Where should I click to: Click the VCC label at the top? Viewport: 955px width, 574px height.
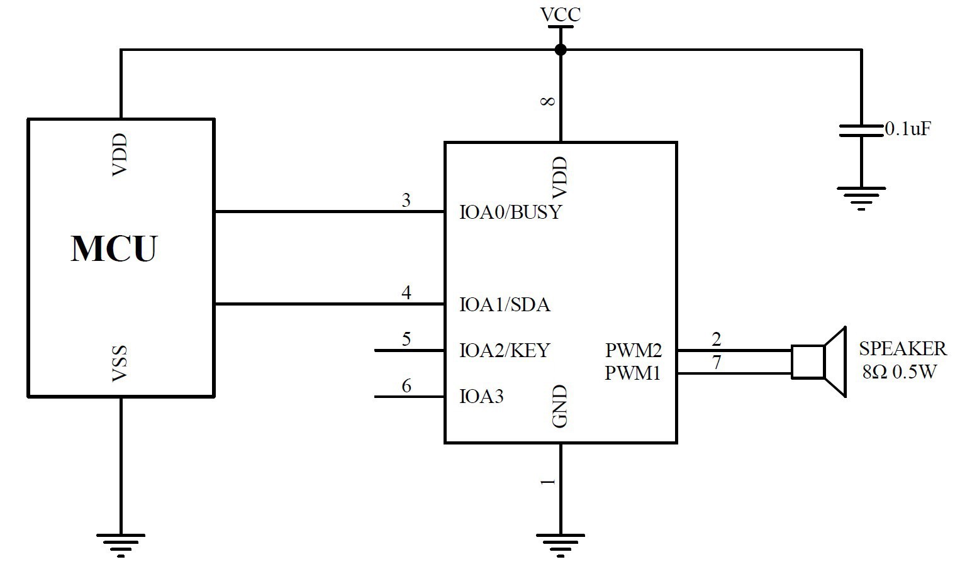561,14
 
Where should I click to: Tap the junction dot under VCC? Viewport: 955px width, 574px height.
561,50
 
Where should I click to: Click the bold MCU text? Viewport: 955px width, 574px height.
114,248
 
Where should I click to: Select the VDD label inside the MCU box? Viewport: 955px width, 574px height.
120,155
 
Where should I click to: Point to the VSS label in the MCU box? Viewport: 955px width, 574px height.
120,363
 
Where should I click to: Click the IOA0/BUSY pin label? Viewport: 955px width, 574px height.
510,212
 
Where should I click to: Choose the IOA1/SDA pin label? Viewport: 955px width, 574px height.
505,305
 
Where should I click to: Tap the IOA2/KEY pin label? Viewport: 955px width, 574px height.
505,350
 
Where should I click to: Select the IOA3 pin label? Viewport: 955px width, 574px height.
481,397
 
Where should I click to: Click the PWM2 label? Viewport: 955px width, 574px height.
633,350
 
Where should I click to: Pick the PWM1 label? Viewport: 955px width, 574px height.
633,373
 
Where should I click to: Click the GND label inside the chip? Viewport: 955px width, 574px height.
560,406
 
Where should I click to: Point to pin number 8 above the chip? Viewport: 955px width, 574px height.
548,101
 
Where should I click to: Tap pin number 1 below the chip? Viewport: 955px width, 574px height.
548,482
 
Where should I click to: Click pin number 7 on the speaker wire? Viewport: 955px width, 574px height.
716,363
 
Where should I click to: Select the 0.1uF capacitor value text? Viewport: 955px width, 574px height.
907,130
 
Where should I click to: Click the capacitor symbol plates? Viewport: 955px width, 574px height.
861,130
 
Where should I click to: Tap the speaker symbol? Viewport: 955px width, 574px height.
818,362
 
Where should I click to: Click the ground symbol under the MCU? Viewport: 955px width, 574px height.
120,544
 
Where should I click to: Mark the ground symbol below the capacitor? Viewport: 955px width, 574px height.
861,197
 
